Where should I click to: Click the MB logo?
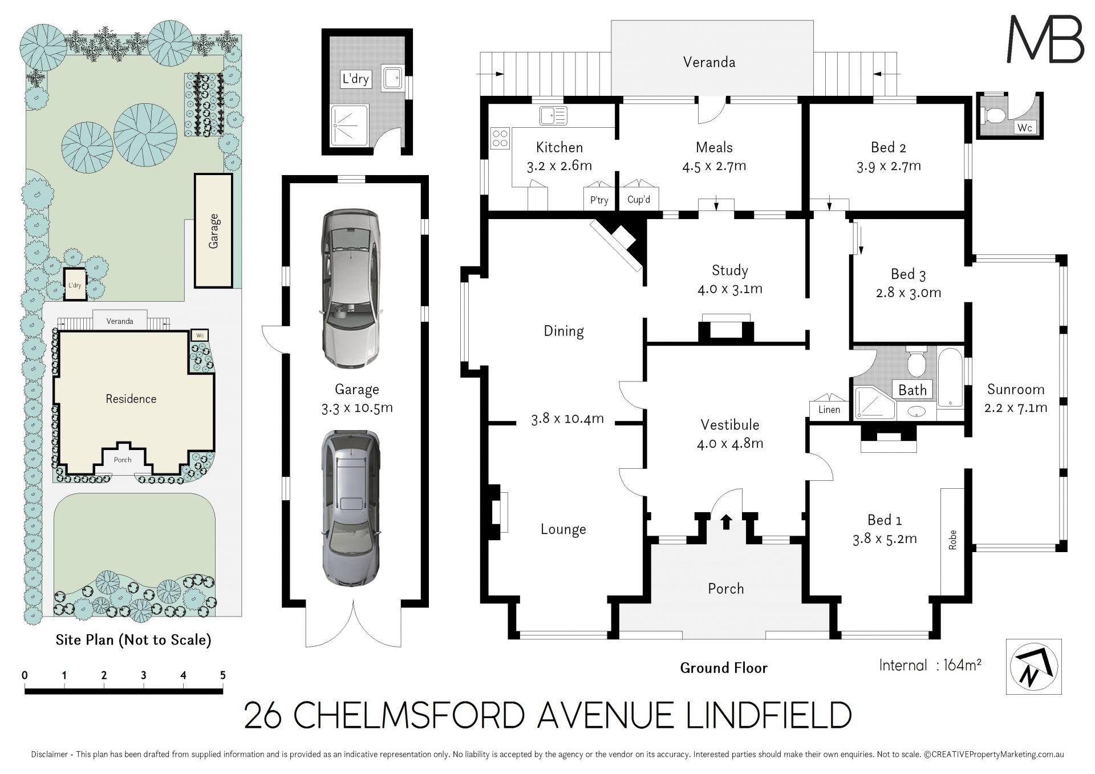point(1045,38)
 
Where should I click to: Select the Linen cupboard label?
point(829,410)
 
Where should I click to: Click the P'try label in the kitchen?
point(599,200)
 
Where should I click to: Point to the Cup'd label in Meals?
point(639,200)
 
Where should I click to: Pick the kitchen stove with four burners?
point(500,139)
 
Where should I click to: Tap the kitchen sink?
point(553,115)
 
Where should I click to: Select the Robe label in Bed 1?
point(952,540)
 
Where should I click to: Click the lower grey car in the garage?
point(350,508)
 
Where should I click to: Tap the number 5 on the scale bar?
point(223,675)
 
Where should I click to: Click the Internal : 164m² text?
point(930,665)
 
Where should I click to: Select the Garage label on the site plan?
point(214,231)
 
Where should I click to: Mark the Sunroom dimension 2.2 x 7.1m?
point(1016,408)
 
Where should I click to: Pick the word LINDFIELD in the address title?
point(768,715)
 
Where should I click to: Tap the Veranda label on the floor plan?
point(709,62)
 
